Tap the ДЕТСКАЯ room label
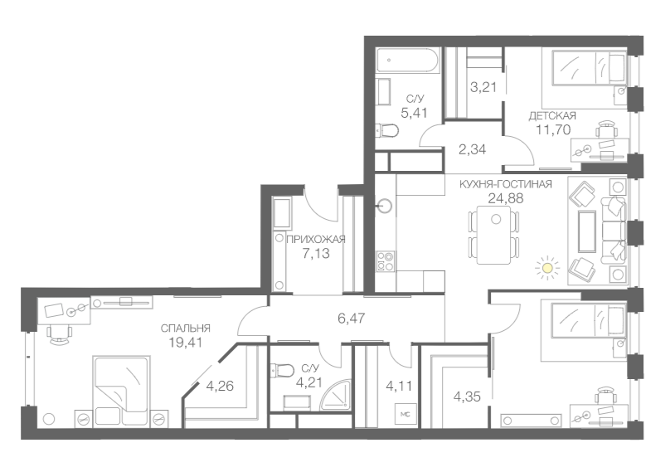(x=552, y=115)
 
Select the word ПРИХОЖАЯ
(x=315, y=239)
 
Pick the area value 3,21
(x=483, y=86)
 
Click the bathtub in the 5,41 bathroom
(x=405, y=61)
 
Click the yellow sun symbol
(x=546, y=267)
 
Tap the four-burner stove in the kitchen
(x=386, y=261)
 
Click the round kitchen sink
(x=385, y=204)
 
